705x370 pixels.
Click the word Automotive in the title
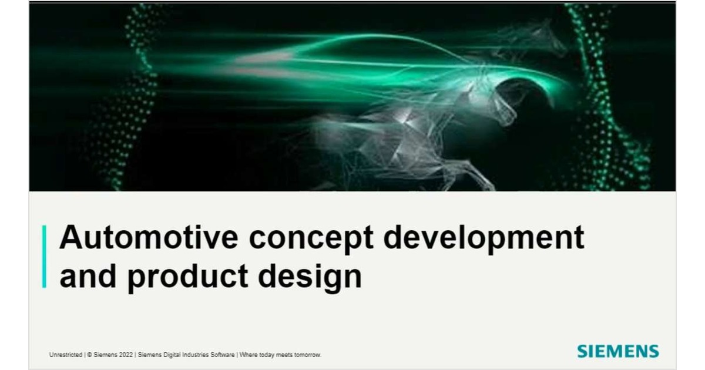click(x=148, y=238)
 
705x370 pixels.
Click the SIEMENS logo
click(x=617, y=351)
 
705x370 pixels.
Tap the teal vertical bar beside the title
click(x=44, y=257)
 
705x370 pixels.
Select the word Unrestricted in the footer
click(x=66, y=355)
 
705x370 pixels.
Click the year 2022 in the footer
click(x=125, y=355)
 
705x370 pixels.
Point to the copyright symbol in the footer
click(x=89, y=355)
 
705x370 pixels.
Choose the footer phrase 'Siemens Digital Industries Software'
click(x=187, y=355)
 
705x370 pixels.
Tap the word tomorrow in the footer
click(x=308, y=355)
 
